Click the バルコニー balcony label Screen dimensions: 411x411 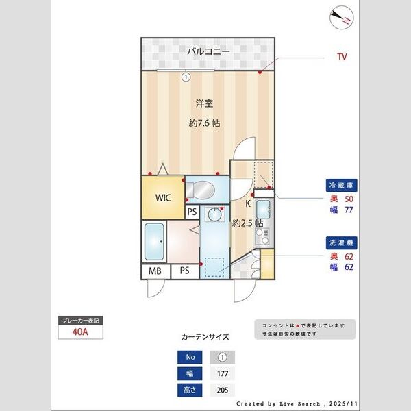(209, 52)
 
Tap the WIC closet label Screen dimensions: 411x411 (162, 198)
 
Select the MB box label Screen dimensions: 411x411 (154, 271)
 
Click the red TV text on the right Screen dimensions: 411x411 (341, 57)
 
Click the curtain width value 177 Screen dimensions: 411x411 (222, 374)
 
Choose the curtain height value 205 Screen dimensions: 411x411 (222, 390)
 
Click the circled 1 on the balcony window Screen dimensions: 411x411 (186, 77)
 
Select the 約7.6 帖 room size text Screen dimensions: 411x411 (204, 123)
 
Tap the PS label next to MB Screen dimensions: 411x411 (184, 271)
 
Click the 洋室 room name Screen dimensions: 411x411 (204, 103)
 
